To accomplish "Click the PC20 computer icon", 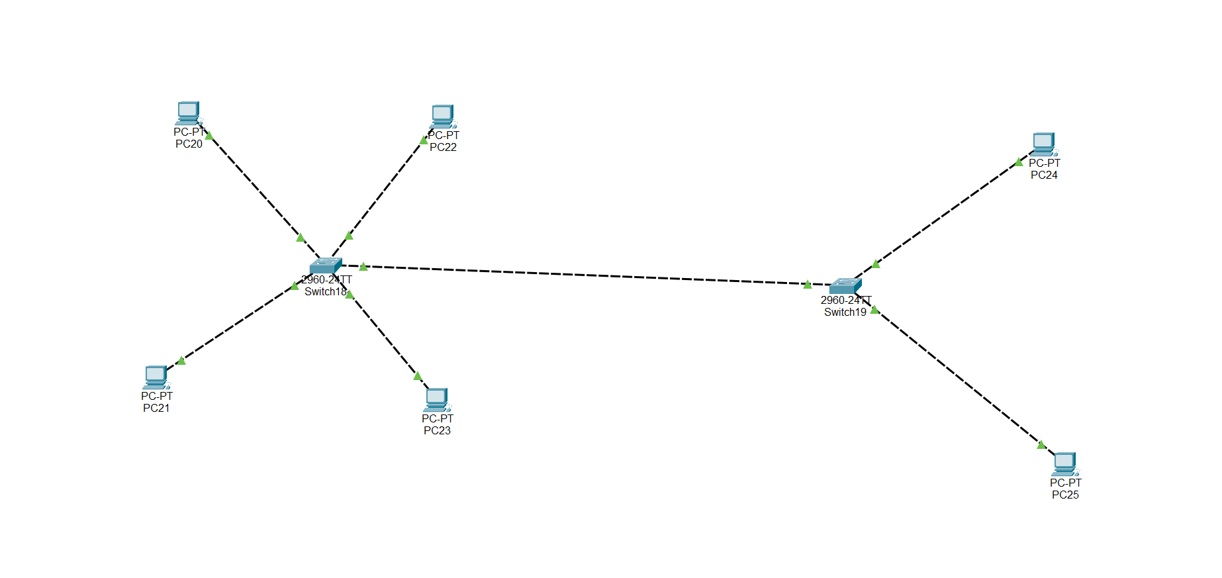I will [x=189, y=113].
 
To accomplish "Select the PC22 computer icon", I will [x=443, y=117].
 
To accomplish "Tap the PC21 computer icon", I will [x=156, y=377].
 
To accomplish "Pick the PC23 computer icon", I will [x=437, y=400].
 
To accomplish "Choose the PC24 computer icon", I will [x=1044, y=144].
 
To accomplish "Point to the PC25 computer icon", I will [x=1065, y=464].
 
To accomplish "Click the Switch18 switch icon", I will [x=326, y=265].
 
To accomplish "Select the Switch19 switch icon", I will [x=845, y=286].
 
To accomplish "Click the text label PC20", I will [x=189, y=144].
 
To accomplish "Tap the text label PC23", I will [x=437, y=431].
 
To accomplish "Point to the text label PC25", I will [x=1065, y=495].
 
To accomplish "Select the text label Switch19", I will [x=845, y=313].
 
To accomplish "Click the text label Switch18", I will [x=325, y=292].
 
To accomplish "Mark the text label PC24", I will [x=1044, y=175].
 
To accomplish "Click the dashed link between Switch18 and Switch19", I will [x=583, y=275].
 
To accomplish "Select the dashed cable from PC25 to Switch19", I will [x=960, y=377].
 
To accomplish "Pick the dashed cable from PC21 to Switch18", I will [x=238, y=322].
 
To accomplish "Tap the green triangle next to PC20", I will [x=209, y=136].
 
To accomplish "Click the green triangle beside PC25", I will [x=1041, y=445].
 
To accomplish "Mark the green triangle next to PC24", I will [x=1019, y=162].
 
